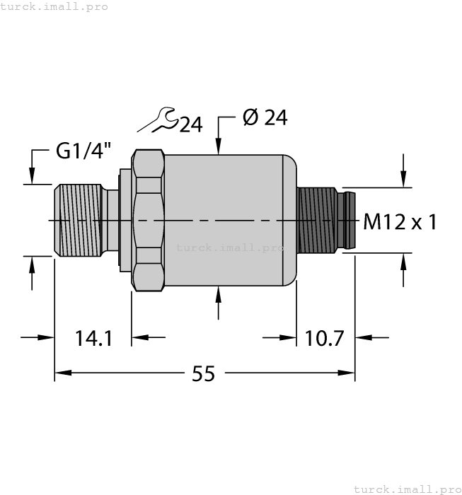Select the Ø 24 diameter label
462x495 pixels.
(265, 118)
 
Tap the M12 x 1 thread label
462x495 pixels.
(400, 222)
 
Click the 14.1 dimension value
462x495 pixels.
(94, 338)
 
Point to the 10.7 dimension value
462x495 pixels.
(324, 338)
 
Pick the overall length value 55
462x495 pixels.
(203, 374)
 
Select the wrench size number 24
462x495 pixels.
(190, 125)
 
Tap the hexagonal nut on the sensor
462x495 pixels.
(149, 221)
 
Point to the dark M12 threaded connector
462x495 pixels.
(318, 221)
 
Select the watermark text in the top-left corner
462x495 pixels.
(54, 6)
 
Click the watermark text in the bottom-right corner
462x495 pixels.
(407, 489)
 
